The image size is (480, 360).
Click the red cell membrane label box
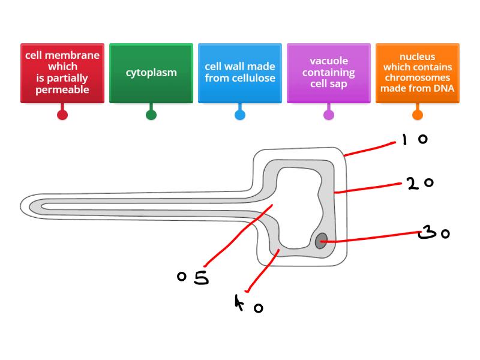click(62, 73)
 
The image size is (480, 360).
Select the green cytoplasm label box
click(151, 73)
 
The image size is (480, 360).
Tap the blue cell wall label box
click(240, 73)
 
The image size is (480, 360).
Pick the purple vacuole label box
click(329, 73)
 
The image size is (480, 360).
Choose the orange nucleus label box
click(418, 73)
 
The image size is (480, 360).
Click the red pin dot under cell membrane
click(62, 115)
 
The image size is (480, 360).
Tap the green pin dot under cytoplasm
click(151, 115)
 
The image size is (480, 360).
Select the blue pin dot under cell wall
click(240, 115)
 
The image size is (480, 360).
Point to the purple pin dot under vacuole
click(329, 115)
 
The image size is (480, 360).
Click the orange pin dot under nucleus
click(418, 115)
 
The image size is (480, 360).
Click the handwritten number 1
click(404, 140)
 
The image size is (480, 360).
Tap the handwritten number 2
click(413, 184)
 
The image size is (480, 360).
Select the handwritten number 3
click(427, 232)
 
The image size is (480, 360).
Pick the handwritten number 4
click(240, 304)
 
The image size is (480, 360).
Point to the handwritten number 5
click(201, 277)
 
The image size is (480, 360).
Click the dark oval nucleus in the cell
click(322, 241)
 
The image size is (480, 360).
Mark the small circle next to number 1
click(422, 140)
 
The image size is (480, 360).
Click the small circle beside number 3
click(445, 234)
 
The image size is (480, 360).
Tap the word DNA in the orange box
click(443, 89)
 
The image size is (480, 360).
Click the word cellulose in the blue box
click(254, 78)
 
